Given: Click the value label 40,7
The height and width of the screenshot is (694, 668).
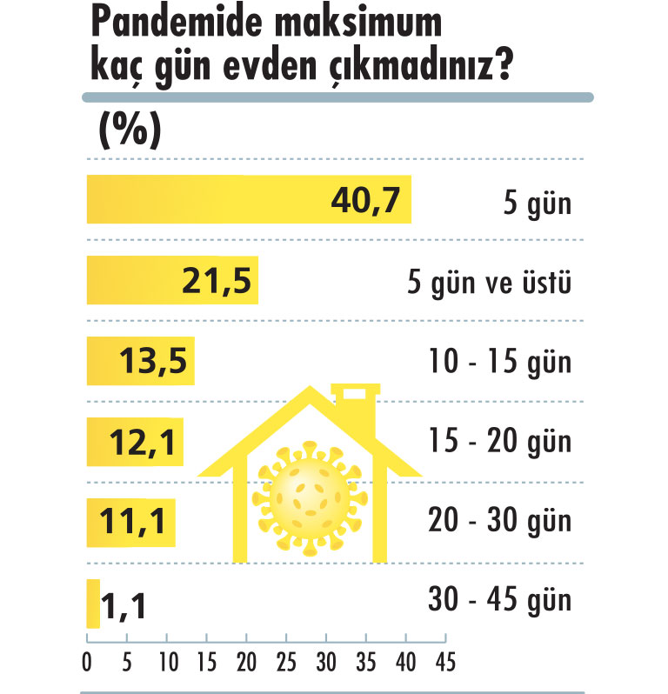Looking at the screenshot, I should point(365,201).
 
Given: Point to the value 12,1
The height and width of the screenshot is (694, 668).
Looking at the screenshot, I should point(144,443).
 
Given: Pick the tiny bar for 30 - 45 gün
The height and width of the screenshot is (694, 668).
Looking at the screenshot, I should point(93,603).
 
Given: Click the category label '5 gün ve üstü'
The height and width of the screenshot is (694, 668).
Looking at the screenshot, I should point(489,283).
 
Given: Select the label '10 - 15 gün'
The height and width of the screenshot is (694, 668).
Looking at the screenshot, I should point(500,363).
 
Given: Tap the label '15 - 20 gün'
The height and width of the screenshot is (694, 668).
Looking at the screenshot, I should point(500,442).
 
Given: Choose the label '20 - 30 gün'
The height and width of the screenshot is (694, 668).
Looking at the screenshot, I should point(500,522).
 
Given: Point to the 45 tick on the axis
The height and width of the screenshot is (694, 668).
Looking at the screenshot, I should point(445,662).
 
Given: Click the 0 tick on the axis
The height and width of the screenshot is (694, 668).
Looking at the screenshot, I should point(87,662).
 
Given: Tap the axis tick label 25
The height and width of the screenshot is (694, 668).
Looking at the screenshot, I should point(285,662).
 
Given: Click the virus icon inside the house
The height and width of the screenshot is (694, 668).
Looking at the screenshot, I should point(311,498).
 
